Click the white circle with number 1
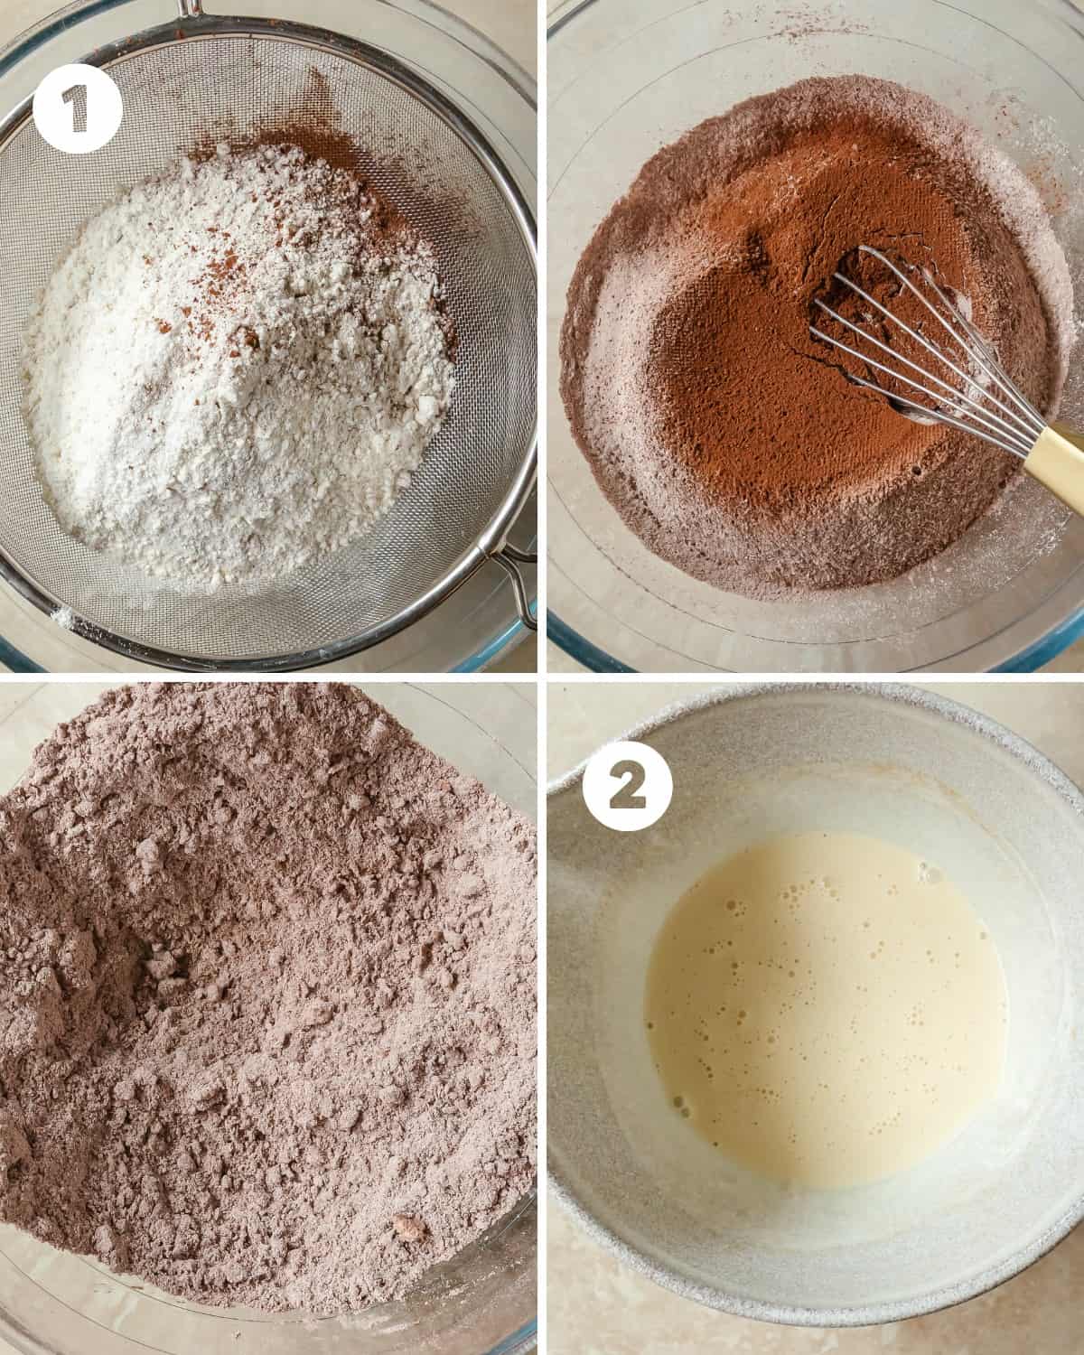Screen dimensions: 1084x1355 pyautogui.click(x=77, y=108)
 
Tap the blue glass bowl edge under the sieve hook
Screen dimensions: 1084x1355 pyautogui.click(x=526, y=636)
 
